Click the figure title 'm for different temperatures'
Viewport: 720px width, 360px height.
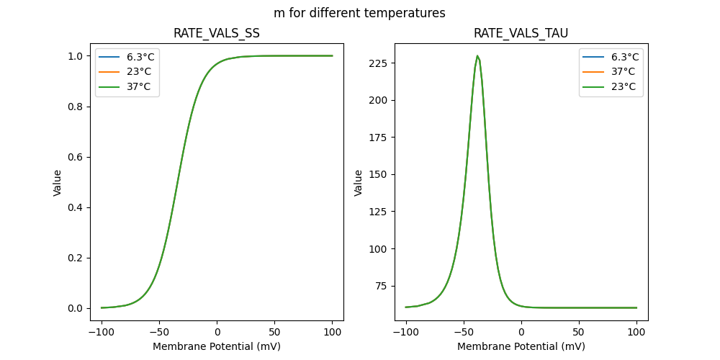pyautogui.click(x=359, y=13)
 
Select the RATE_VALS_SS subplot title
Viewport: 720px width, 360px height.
pyautogui.click(x=217, y=34)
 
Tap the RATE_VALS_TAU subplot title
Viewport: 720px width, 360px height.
pyautogui.click(x=521, y=34)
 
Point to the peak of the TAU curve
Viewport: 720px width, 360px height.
pyautogui.click(x=477, y=56)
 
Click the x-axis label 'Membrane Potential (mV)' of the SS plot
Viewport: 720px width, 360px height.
pyautogui.click(x=217, y=346)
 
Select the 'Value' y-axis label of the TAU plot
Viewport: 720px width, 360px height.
pyautogui.click(x=358, y=183)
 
